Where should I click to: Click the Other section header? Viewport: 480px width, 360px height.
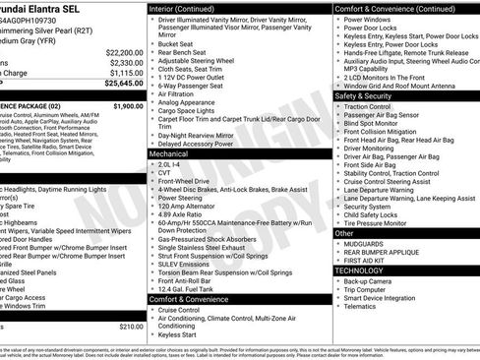click(343, 233)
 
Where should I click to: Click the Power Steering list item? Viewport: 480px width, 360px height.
click(180, 198)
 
